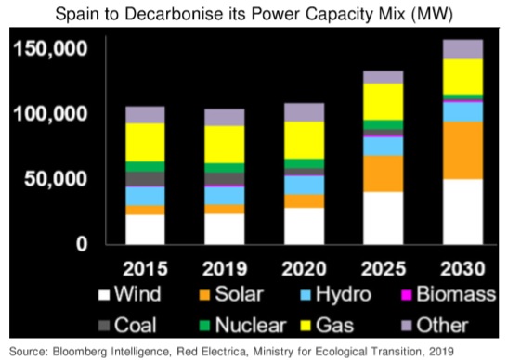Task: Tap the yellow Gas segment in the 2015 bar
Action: pyautogui.click(x=145, y=142)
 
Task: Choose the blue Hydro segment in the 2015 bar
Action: pyautogui.click(x=145, y=196)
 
